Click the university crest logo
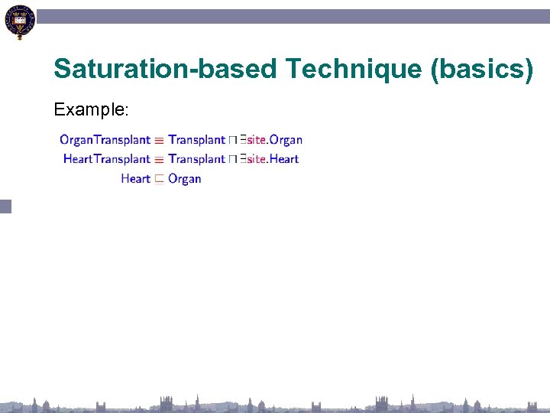19,21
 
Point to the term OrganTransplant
105,140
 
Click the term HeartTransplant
107,159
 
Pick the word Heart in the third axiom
135,179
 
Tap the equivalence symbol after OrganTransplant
159,141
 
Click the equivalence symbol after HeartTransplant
159,160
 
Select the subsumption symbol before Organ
159,180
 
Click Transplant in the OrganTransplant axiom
196,140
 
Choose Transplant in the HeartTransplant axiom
196,159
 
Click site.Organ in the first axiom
274,140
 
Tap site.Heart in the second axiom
273,159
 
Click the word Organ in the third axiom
184,179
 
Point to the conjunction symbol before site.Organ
231,141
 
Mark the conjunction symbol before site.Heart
231,160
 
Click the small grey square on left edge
5,206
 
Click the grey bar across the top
290,16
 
